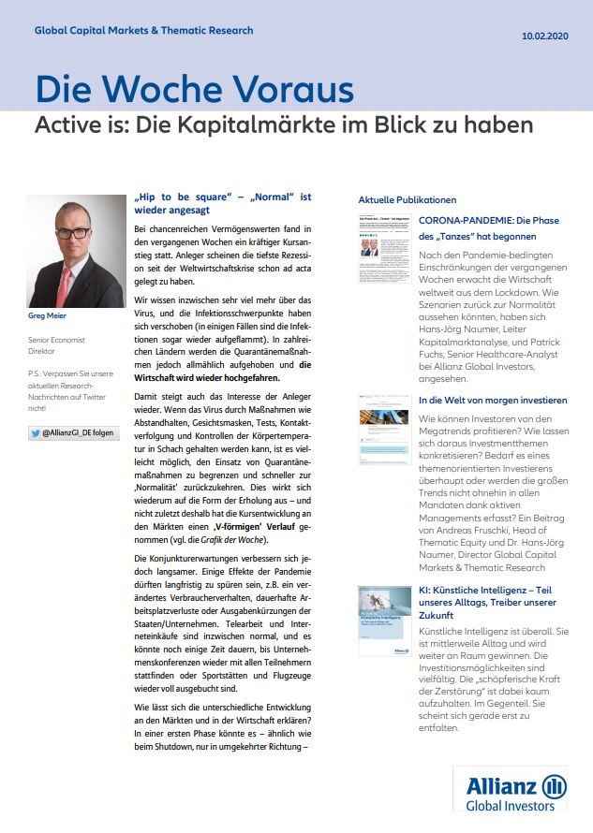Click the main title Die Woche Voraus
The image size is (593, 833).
pyautogui.click(x=194, y=90)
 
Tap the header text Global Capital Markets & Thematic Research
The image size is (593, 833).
pyautogui.click(x=143, y=31)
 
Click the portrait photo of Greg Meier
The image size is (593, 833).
pyautogui.click(x=77, y=252)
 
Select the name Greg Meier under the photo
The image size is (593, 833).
pyautogui.click(x=47, y=316)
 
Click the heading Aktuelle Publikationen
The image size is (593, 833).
pyautogui.click(x=408, y=200)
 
